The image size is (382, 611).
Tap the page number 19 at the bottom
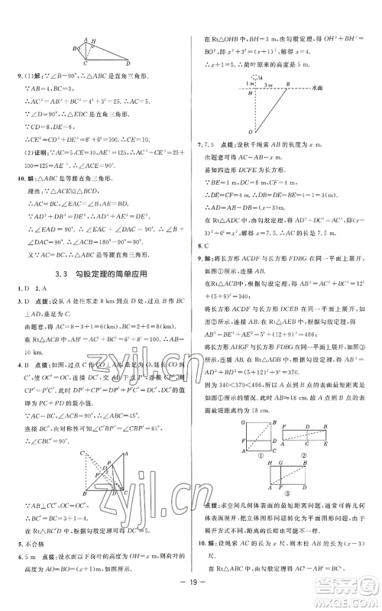coord(190,597)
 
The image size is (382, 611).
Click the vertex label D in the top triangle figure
coord(127,64)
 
